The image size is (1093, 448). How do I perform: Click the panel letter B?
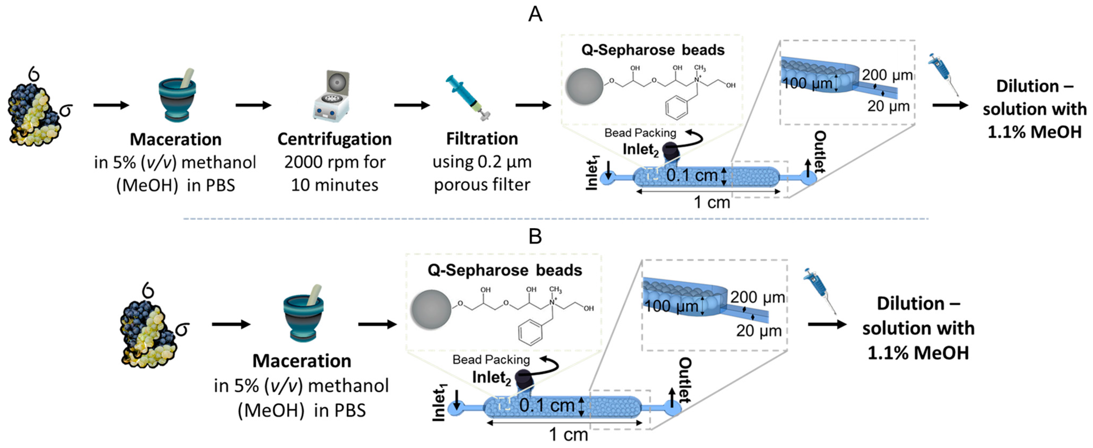(x=535, y=236)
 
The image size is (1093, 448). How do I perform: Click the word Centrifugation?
(x=334, y=139)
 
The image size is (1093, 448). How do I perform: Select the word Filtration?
(x=482, y=139)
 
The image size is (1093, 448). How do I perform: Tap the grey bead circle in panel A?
(x=585, y=87)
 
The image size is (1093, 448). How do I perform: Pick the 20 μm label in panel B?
(x=759, y=331)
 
